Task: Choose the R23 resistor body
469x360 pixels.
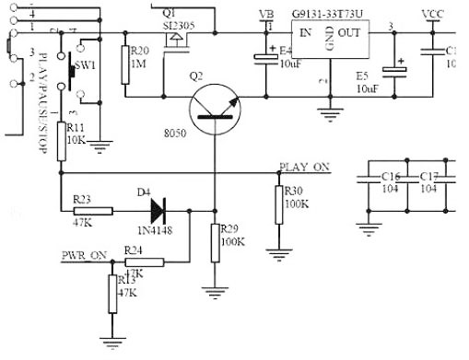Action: (x=92, y=210)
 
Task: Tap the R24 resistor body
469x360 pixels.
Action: (x=145, y=262)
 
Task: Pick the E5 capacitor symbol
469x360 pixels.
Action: (x=396, y=70)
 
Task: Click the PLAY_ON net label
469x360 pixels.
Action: (x=303, y=168)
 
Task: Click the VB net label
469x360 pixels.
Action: (x=267, y=14)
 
